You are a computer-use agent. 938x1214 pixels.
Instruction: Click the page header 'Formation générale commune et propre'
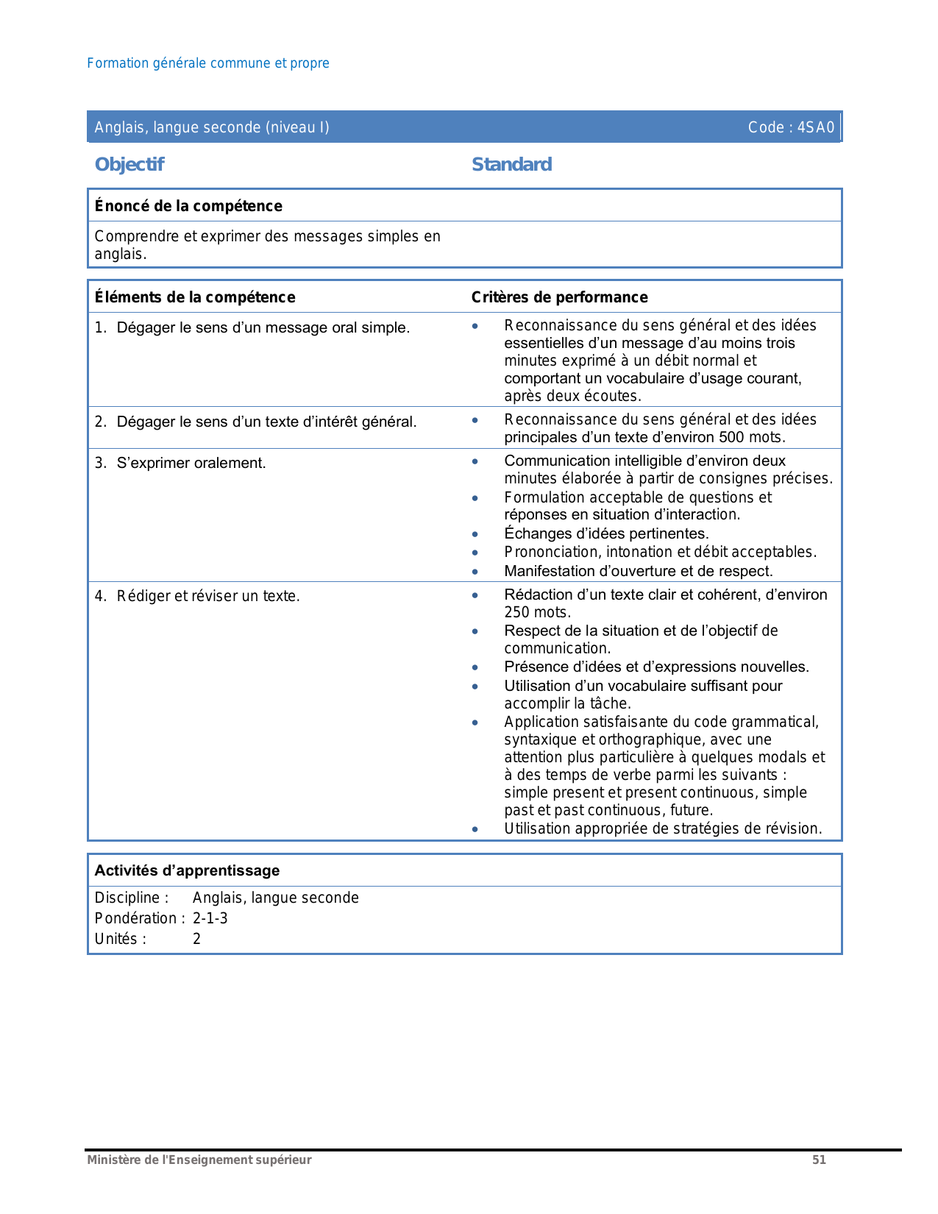[207, 63]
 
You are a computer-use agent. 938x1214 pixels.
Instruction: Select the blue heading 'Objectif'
[129, 164]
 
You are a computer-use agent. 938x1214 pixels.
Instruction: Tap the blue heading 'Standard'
[511, 164]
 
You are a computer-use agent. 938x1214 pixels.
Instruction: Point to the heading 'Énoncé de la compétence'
[188, 206]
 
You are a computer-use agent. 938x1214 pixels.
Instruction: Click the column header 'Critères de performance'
[559, 297]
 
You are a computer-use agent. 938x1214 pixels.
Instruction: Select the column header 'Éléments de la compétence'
[195, 297]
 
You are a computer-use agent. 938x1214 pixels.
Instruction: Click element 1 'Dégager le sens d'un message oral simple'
[263, 327]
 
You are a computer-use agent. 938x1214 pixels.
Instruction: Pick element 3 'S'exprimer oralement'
[191, 463]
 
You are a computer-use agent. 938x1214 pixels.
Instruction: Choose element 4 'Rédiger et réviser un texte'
[208, 596]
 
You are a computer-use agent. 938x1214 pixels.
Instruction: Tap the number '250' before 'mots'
[518, 612]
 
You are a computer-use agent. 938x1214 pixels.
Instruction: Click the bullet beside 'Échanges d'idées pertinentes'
[475, 534]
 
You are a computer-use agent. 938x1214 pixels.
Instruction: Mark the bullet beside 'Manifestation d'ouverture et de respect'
[475, 572]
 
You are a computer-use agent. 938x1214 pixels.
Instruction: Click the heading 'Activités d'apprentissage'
[187, 870]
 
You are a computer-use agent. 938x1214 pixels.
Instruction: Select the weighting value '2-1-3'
[210, 918]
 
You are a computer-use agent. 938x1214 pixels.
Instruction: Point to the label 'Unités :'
[121, 939]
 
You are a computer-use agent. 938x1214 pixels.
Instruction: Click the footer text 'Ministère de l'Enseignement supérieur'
[199, 1160]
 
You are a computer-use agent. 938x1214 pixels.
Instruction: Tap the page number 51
[819, 1160]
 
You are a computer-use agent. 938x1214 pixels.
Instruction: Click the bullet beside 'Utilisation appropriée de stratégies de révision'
[475, 829]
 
